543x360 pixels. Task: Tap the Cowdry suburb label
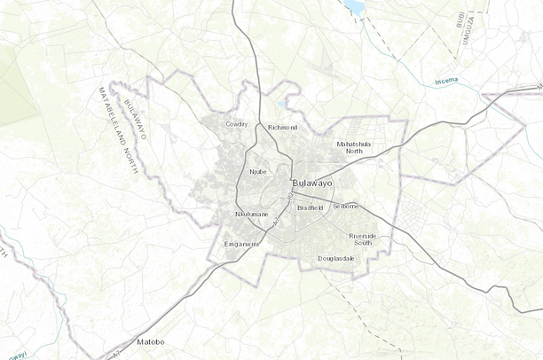tap(237, 124)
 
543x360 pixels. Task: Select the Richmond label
tap(282, 128)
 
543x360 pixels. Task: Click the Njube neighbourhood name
tap(257, 171)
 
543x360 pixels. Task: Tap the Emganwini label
tap(240, 245)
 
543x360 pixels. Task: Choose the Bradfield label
tap(310, 207)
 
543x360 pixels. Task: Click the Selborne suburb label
tap(344, 206)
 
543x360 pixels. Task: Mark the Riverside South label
tap(362, 239)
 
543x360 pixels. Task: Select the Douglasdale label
tap(336, 258)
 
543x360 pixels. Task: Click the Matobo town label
tap(150, 341)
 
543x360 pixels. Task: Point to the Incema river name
tap(448, 82)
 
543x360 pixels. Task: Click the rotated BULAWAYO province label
tap(136, 120)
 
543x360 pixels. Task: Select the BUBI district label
tap(459, 19)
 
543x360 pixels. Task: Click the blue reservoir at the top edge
tap(355, 6)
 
